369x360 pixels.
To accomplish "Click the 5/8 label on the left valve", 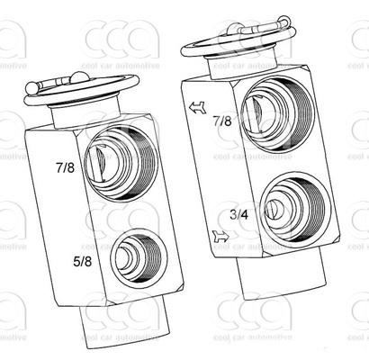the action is click(83, 262).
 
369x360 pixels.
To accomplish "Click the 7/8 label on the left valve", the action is click(65, 167).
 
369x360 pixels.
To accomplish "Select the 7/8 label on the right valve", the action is click(222, 121).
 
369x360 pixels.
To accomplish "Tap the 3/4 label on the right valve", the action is click(239, 215).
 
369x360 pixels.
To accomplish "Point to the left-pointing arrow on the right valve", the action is click(197, 107).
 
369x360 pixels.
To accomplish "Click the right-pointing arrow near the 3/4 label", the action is click(220, 237).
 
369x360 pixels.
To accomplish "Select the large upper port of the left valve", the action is click(121, 163).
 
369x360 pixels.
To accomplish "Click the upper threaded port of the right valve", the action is click(277, 113).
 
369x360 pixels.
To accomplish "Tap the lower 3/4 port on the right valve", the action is click(295, 208).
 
